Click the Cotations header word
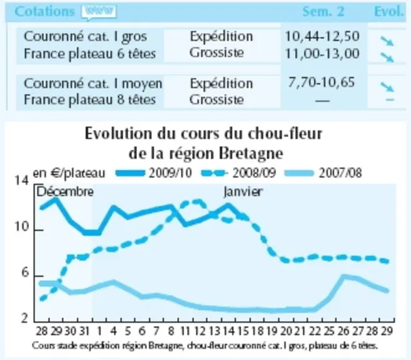[x=44, y=11]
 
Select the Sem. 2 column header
[x=323, y=11]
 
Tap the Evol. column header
[x=388, y=11]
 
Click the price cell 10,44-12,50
[x=322, y=36]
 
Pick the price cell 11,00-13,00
[x=322, y=54]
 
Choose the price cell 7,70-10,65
[x=322, y=82]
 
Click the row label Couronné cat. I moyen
[x=93, y=84]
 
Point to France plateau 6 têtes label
[x=90, y=54]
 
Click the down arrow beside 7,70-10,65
[x=387, y=87]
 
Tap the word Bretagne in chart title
[x=251, y=154]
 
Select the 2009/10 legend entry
[x=154, y=173]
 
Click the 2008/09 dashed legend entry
[x=238, y=173]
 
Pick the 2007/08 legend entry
[x=323, y=173]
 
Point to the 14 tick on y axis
[x=21, y=181]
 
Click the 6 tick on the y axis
[x=25, y=273]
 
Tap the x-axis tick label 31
[x=84, y=331]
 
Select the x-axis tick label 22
[x=314, y=331]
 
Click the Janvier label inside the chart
[x=243, y=192]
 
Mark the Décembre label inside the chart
[x=65, y=192]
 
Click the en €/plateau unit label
[x=69, y=173]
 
